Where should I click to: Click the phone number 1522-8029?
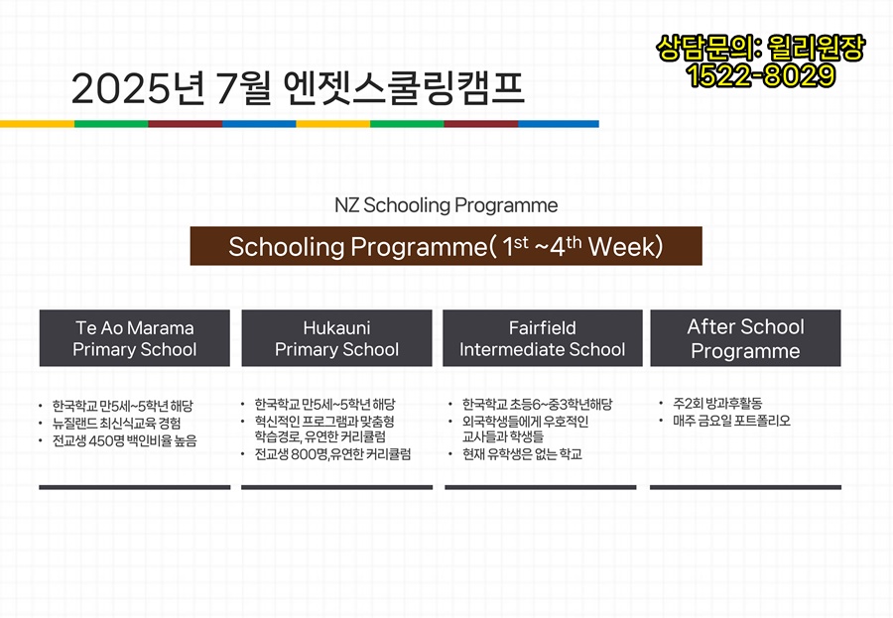[761, 75]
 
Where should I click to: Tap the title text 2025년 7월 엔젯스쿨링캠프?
[298, 88]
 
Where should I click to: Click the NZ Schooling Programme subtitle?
[446, 205]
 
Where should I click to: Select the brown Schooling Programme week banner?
[446, 246]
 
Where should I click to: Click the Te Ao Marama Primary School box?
[134, 338]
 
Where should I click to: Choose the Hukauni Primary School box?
[336, 338]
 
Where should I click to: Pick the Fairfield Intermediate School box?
[542, 338]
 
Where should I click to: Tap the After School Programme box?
[745, 338]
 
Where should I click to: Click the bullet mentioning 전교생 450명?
[124, 440]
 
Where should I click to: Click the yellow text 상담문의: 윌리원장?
[761, 48]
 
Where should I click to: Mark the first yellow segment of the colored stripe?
[37, 124]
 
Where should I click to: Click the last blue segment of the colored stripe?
[559, 124]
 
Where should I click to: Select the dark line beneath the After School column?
[745, 487]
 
